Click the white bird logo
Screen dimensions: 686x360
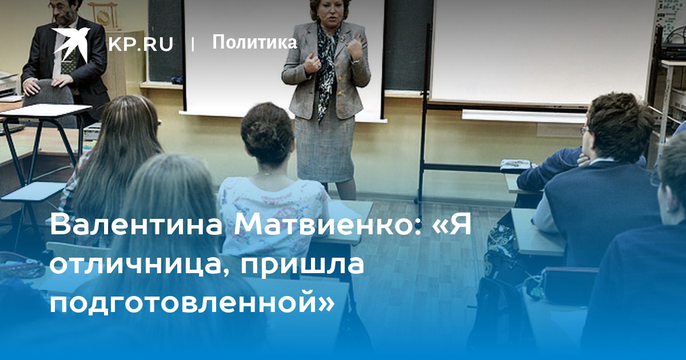70,45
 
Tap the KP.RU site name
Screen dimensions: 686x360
141,44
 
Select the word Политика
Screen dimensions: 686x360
254,42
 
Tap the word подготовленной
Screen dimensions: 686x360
184,302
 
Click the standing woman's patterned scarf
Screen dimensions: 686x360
327,67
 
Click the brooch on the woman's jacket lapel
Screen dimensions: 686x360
344,38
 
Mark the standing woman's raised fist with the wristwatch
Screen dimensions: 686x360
355,50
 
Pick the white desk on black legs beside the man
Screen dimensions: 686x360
46,110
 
